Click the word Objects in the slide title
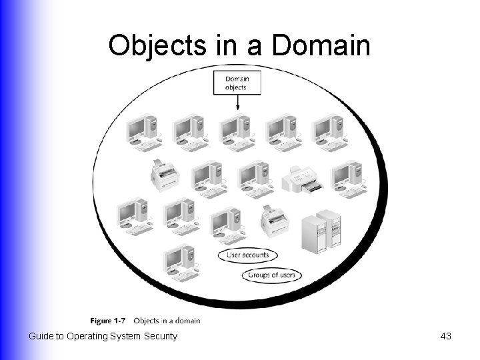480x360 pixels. point(154,45)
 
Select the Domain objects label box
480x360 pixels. point(237,83)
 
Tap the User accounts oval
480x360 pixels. point(248,255)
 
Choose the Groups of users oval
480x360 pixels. point(272,275)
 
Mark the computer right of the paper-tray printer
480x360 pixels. point(349,179)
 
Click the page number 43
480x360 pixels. point(446,336)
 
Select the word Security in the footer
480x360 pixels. point(161,336)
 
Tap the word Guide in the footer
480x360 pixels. point(41,336)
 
